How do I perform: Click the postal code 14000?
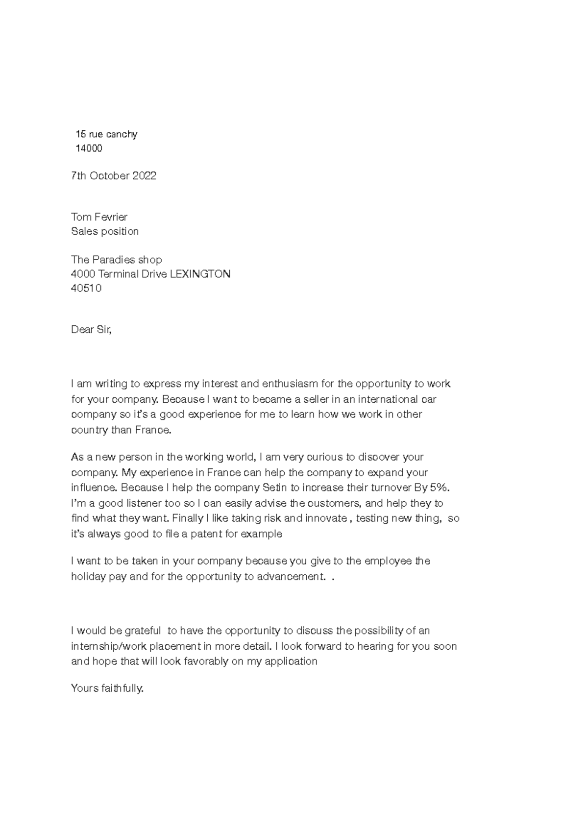(89, 148)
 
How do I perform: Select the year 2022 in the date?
(144, 176)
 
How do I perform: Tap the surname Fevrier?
(114, 217)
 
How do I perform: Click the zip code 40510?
(86, 288)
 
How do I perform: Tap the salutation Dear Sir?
(91, 330)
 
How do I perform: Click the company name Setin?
(275, 488)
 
